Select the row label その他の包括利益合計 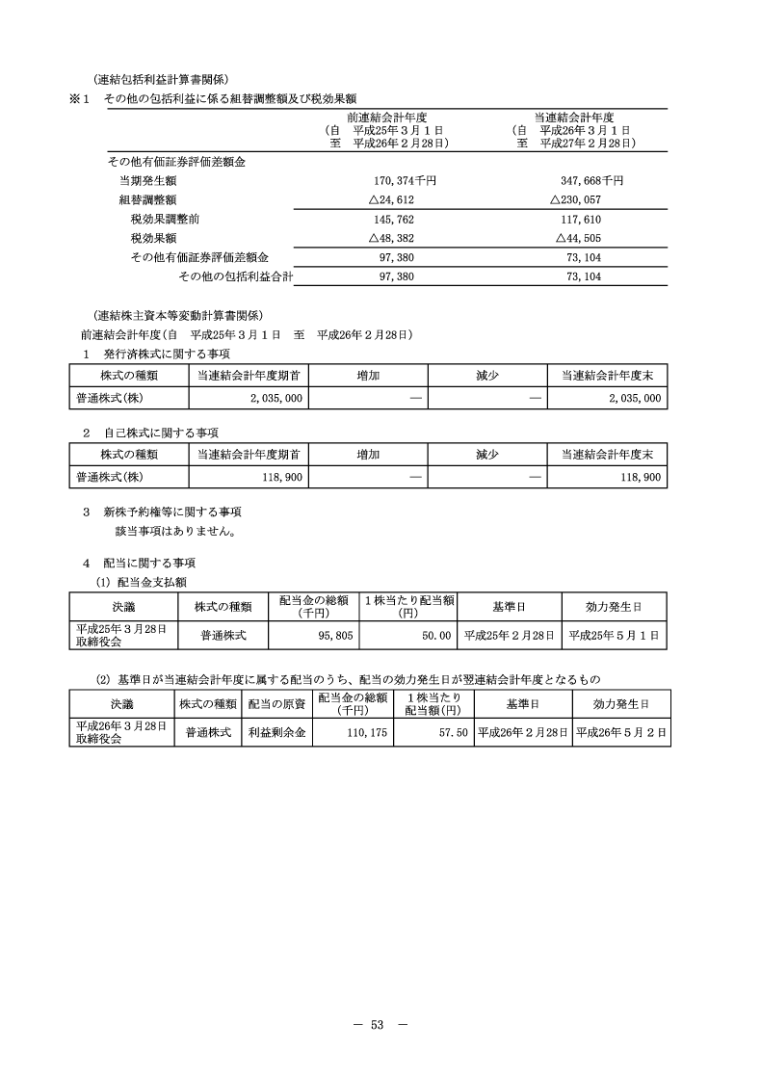(x=235, y=276)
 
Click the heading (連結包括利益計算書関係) (x=161, y=80)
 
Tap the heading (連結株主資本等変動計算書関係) (x=179, y=315)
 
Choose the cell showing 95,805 (x=324, y=635)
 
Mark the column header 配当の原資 (x=276, y=703)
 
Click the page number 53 (x=378, y=1024)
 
